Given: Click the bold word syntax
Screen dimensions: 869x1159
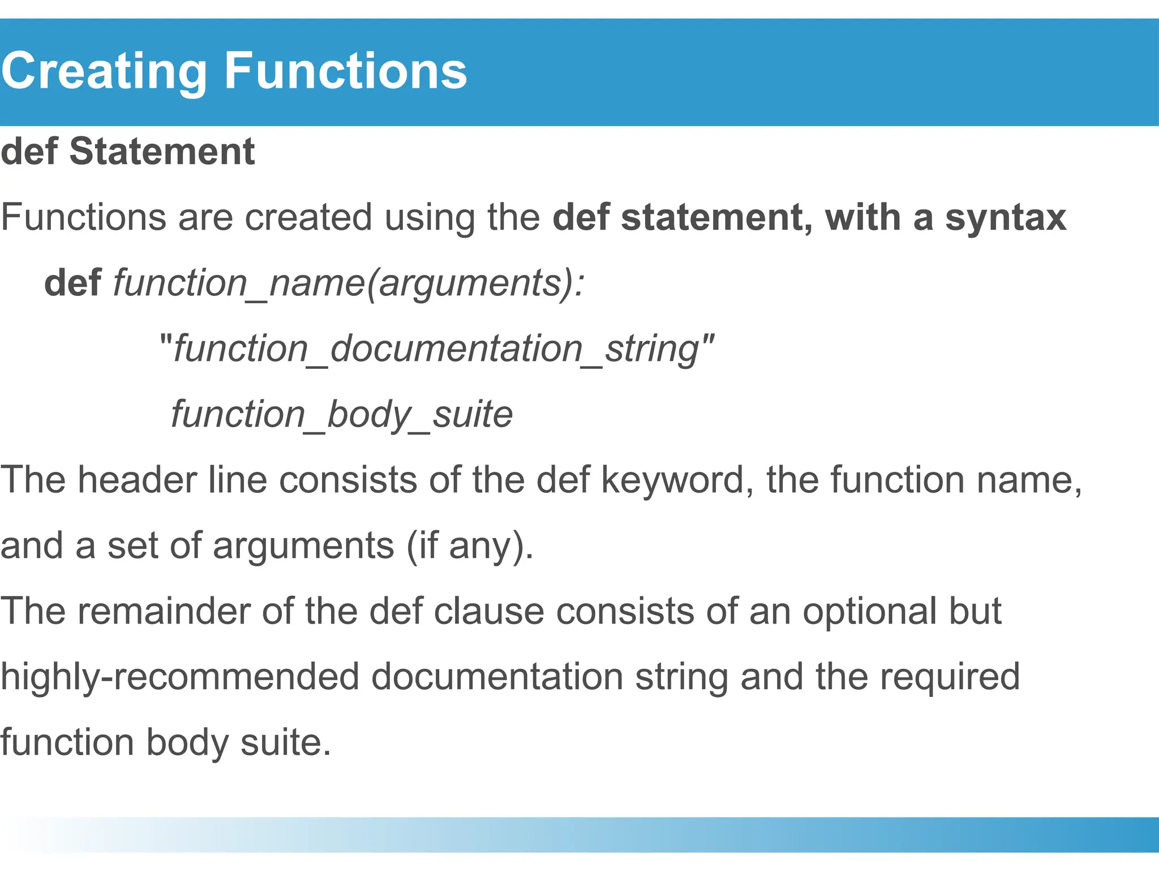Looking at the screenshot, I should pyautogui.click(x=1005, y=218).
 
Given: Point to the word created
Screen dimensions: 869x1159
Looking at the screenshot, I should pyautogui.click(x=308, y=218).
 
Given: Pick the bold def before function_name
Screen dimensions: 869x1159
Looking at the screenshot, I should pyautogui.click(x=72, y=283).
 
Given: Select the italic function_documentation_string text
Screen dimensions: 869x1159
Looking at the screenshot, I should pyautogui.click(x=436, y=349).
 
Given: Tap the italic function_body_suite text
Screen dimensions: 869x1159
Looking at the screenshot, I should pyautogui.click(x=342, y=415).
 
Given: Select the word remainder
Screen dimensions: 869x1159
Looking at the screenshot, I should pyautogui.click(x=185, y=612).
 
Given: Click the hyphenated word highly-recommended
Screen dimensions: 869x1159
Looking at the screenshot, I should pyautogui.click(x=180, y=677).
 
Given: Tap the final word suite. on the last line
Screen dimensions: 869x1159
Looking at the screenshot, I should pyautogui.click(x=285, y=742).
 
